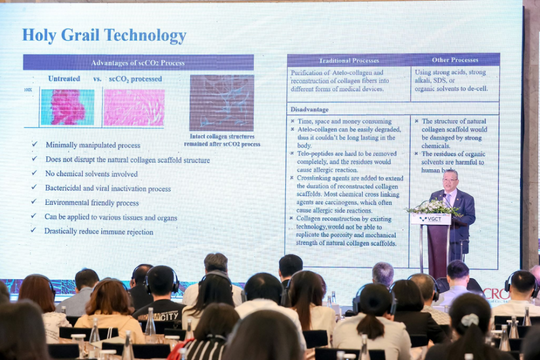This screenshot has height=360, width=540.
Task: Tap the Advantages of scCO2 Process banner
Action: pos(152,62)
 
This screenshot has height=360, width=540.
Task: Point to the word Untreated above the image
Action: pos(65,79)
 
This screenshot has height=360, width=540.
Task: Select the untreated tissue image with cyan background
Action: pos(68,107)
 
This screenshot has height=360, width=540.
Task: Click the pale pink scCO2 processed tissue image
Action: pos(134,107)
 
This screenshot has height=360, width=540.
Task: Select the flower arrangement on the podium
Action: pos(434,207)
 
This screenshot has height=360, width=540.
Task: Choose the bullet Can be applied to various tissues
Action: pos(124,217)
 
